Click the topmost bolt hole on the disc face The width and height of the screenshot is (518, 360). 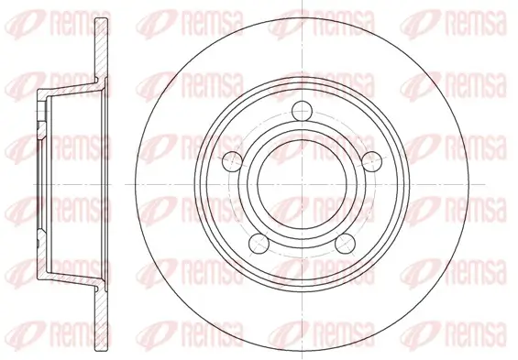(303, 111)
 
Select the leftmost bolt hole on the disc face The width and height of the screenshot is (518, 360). (233, 162)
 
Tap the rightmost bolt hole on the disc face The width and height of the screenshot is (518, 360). (372, 162)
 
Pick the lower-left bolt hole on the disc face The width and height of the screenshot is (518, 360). (259, 244)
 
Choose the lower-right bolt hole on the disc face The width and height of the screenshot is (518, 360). (346, 244)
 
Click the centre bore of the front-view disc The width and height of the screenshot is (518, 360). (303, 184)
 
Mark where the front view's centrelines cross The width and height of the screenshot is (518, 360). (303, 184)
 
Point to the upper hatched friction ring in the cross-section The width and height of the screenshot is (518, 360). (102, 49)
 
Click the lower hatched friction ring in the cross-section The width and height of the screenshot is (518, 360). (102, 320)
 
